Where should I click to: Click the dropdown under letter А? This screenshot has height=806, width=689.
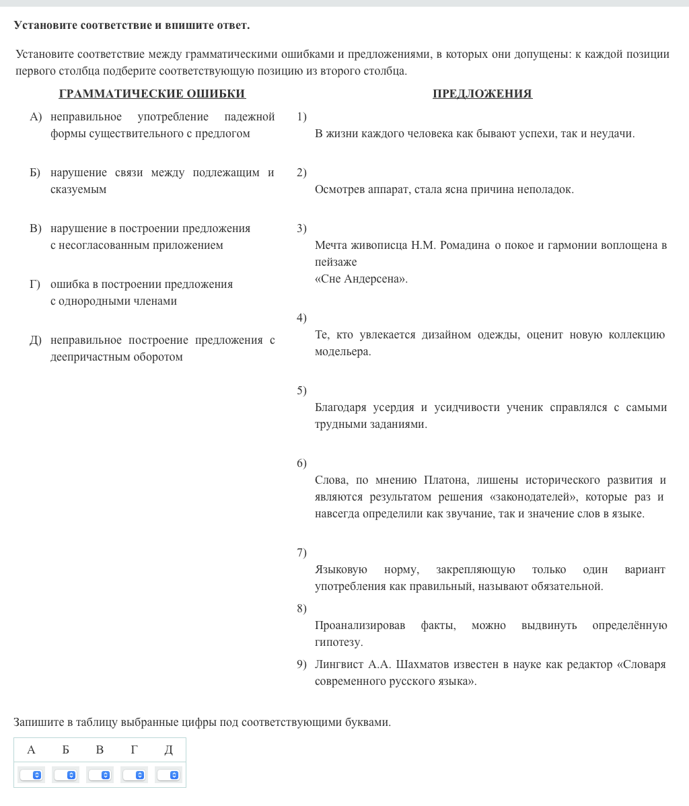(32, 775)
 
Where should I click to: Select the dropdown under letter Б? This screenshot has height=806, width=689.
(66, 775)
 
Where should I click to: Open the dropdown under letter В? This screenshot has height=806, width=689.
(100, 775)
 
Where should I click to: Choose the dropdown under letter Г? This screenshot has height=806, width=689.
(135, 775)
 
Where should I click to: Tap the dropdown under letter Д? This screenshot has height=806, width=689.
(169, 775)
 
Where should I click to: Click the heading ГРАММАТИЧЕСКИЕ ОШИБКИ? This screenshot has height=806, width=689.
(152, 94)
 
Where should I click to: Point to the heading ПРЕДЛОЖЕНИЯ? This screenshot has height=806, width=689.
(482, 94)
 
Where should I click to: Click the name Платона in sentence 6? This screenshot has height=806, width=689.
(443, 480)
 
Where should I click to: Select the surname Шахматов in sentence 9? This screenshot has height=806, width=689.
(423, 665)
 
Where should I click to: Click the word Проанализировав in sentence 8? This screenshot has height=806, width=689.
(360, 626)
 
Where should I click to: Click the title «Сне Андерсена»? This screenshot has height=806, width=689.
(361, 279)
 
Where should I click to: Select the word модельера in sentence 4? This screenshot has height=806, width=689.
(342, 352)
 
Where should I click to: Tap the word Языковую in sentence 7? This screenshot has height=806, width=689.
(341, 570)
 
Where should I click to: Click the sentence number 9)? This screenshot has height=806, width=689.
(301, 665)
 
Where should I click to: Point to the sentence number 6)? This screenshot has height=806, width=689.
(301, 464)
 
